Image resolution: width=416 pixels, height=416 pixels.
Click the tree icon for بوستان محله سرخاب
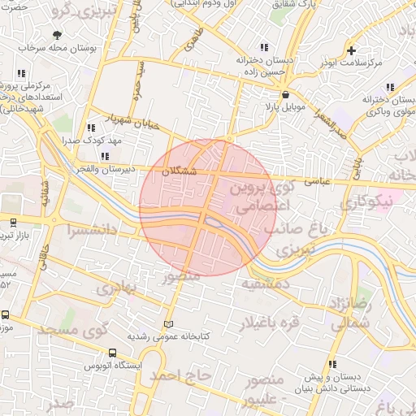tap(56, 35)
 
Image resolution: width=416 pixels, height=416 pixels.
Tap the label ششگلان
tap(179, 171)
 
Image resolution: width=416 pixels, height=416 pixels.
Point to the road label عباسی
tap(314, 183)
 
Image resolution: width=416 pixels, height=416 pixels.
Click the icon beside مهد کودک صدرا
tap(90, 128)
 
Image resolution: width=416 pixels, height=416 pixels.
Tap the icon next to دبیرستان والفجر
tap(104, 156)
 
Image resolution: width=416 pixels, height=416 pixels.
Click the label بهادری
tap(112, 288)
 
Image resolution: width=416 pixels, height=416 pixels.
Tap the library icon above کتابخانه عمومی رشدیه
tap(169, 324)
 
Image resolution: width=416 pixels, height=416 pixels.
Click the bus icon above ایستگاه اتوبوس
tap(112, 353)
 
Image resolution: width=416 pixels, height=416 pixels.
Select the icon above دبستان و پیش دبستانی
tap(332, 364)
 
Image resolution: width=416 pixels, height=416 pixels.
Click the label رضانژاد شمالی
tap(351, 312)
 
